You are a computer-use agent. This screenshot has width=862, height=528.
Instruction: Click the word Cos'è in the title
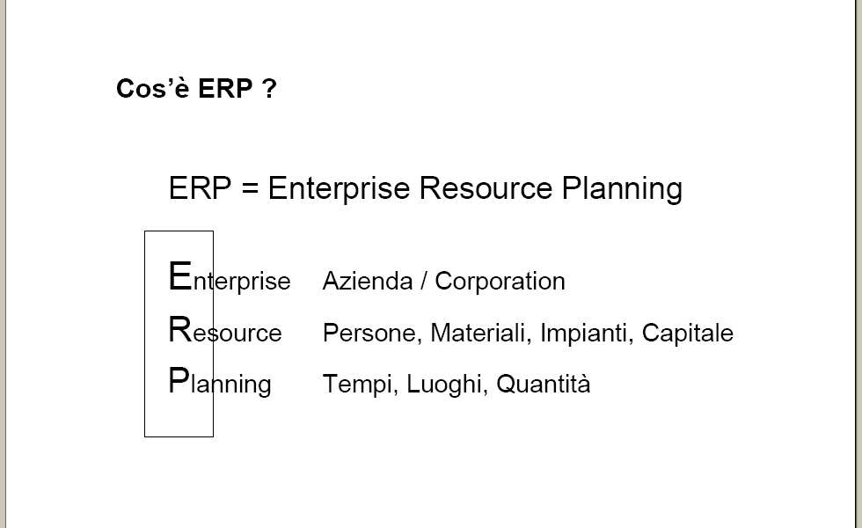[x=153, y=88]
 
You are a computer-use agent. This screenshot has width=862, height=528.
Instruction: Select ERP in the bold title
[x=225, y=89]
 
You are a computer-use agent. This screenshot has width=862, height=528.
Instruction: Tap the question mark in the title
[x=269, y=89]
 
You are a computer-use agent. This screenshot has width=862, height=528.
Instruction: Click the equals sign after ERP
[x=250, y=188]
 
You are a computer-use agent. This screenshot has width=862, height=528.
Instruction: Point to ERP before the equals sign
[x=201, y=188]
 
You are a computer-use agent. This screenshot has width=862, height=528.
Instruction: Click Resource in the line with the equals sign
[x=486, y=188]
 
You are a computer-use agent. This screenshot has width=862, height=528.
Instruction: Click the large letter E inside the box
[x=179, y=275]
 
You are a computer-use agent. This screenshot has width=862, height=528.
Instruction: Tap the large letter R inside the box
[x=180, y=329]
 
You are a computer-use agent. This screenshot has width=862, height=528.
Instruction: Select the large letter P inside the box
[x=179, y=380]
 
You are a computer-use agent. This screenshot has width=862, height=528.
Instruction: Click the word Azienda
[x=368, y=281]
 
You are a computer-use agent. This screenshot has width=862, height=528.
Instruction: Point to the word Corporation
[x=500, y=281]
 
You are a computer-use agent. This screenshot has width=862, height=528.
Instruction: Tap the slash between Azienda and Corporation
[x=423, y=281]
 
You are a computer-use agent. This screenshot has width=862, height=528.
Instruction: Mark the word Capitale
[x=687, y=334]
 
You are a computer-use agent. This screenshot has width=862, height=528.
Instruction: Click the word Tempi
[x=360, y=385]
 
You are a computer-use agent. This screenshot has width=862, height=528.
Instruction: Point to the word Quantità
[x=544, y=384]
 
